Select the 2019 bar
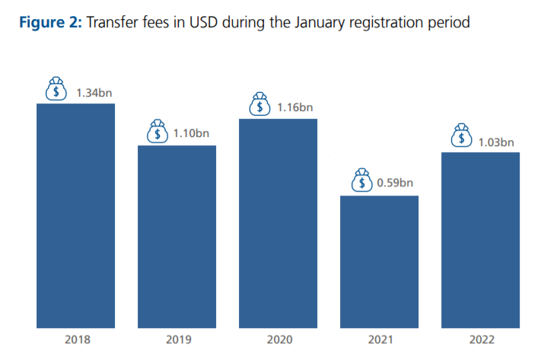point(177,237)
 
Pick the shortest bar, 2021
point(379,262)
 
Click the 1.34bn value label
point(94,93)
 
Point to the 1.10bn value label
point(192,133)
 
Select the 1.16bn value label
point(295,107)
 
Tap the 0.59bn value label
point(396,183)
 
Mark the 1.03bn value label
point(496,142)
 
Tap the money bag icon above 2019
point(158,131)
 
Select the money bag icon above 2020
point(260,104)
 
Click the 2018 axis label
point(75,340)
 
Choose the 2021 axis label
point(379,340)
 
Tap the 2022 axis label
point(480,340)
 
